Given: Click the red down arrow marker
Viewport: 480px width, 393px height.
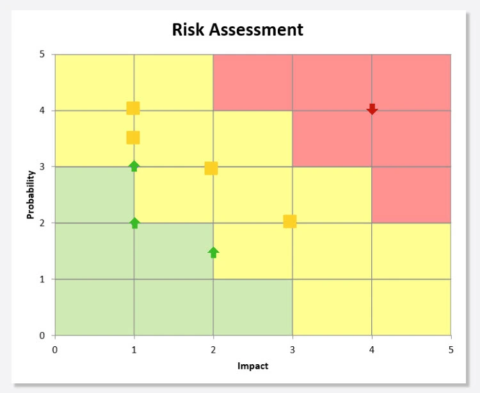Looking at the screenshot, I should coord(372,109).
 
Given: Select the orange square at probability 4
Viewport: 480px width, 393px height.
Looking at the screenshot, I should coord(133,108).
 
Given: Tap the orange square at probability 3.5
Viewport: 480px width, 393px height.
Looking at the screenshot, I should coord(133,138).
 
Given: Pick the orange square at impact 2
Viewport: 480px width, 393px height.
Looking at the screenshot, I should coord(211,168).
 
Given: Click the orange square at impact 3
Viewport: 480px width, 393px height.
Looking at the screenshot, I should coord(290,221).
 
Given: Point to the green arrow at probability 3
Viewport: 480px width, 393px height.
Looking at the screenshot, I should coord(134,166).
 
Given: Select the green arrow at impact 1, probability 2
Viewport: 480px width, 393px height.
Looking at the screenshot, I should coord(134,223).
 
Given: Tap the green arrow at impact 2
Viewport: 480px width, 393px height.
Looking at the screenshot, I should coord(213,252).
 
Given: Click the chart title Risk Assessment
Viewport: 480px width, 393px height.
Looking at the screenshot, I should coord(237,29).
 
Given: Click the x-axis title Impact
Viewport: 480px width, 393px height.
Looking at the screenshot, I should coord(253,366).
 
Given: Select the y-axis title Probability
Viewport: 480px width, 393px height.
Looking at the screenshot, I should coord(30,195).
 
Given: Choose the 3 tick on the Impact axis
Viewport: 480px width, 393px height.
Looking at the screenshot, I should coord(292,349).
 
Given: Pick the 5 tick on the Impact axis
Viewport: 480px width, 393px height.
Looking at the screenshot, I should coord(451,349).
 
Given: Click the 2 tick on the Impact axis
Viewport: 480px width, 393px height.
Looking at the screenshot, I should coord(213,349).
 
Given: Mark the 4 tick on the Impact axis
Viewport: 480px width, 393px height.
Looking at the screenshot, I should coord(372,349).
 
